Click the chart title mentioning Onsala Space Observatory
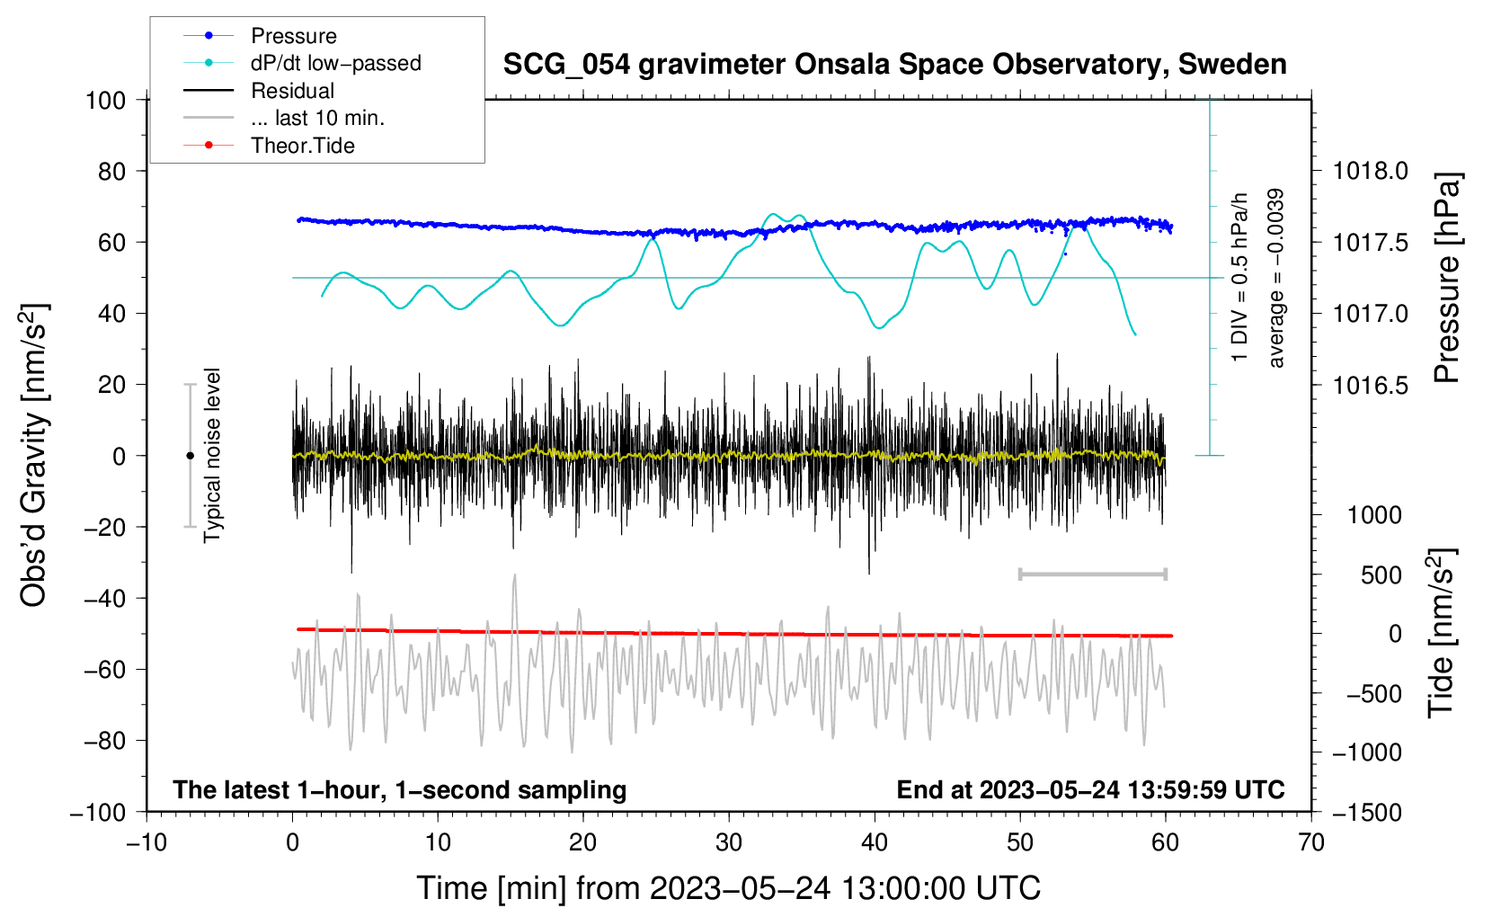(894, 65)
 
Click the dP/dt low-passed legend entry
(335, 63)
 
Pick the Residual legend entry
(292, 91)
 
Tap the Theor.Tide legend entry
(302, 146)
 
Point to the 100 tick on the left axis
(105, 100)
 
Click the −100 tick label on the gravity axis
(98, 813)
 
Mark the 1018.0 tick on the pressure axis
(1370, 171)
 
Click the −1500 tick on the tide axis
(1366, 813)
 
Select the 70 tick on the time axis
(1311, 842)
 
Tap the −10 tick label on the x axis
(146, 842)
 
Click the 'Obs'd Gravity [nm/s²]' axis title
(34, 456)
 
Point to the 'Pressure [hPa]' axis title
(1446, 278)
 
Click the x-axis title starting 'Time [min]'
(728, 888)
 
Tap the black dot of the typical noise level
(190, 456)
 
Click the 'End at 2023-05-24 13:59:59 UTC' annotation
(1090, 789)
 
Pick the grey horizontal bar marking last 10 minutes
(1092, 574)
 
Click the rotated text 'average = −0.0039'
(1276, 278)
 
